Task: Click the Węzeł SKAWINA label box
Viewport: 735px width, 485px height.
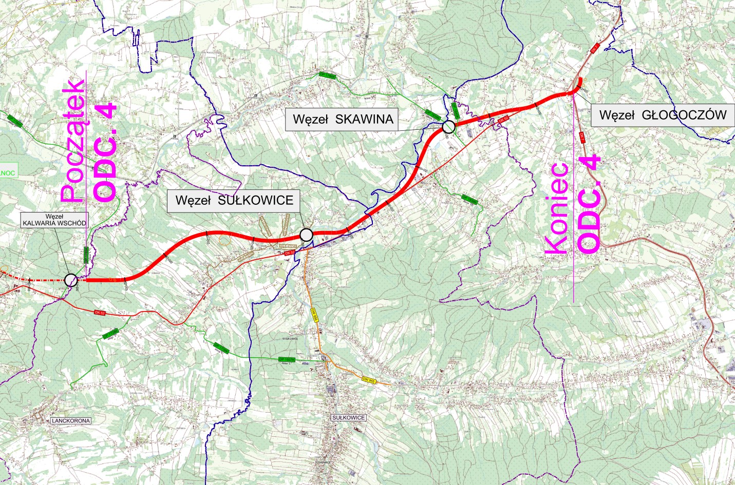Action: coord(343,120)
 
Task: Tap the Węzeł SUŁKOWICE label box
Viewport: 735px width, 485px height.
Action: coord(234,200)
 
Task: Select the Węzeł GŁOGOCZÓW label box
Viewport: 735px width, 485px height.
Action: coord(663,115)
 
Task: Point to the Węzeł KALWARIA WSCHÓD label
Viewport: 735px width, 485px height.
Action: coord(54,220)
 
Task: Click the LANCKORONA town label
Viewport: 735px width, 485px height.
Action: coord(71,421)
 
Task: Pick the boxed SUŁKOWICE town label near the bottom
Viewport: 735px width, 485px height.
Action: coord(349,418)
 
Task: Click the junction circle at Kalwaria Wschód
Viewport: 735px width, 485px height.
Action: coord(71,280)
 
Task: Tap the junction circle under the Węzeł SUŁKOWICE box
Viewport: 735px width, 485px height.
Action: coord(306,235)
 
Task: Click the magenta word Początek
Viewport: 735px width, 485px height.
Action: coord(72,141)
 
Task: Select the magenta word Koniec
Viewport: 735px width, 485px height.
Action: coord(557,208)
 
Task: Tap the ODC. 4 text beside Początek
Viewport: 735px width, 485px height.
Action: coord(105,152)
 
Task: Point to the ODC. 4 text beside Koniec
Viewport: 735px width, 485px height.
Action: coord(589,203)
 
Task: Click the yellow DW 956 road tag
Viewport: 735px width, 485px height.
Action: coord(315,315)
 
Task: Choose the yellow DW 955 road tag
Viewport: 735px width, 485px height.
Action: coord(369,380)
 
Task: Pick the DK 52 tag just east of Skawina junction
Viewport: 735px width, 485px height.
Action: coord(503,120)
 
